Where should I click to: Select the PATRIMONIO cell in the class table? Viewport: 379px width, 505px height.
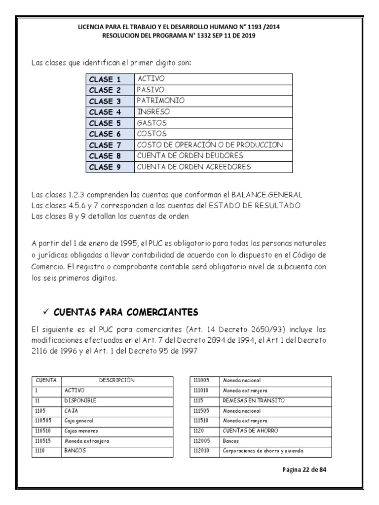(x=161, y=101)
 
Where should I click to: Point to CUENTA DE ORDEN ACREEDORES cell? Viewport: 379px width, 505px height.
(x=194, y=167)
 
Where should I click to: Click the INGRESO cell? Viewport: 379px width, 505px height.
(x=153, y=111)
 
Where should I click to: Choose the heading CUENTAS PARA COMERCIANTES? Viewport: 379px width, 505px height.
(x=126, y=312)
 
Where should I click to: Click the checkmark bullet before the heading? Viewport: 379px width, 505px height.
(x=45, y=312)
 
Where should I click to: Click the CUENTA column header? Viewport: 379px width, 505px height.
(x=46, y=380)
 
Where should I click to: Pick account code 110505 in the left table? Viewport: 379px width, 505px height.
(x=44, y=421)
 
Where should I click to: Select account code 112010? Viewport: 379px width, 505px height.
(x=202, y=451)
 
